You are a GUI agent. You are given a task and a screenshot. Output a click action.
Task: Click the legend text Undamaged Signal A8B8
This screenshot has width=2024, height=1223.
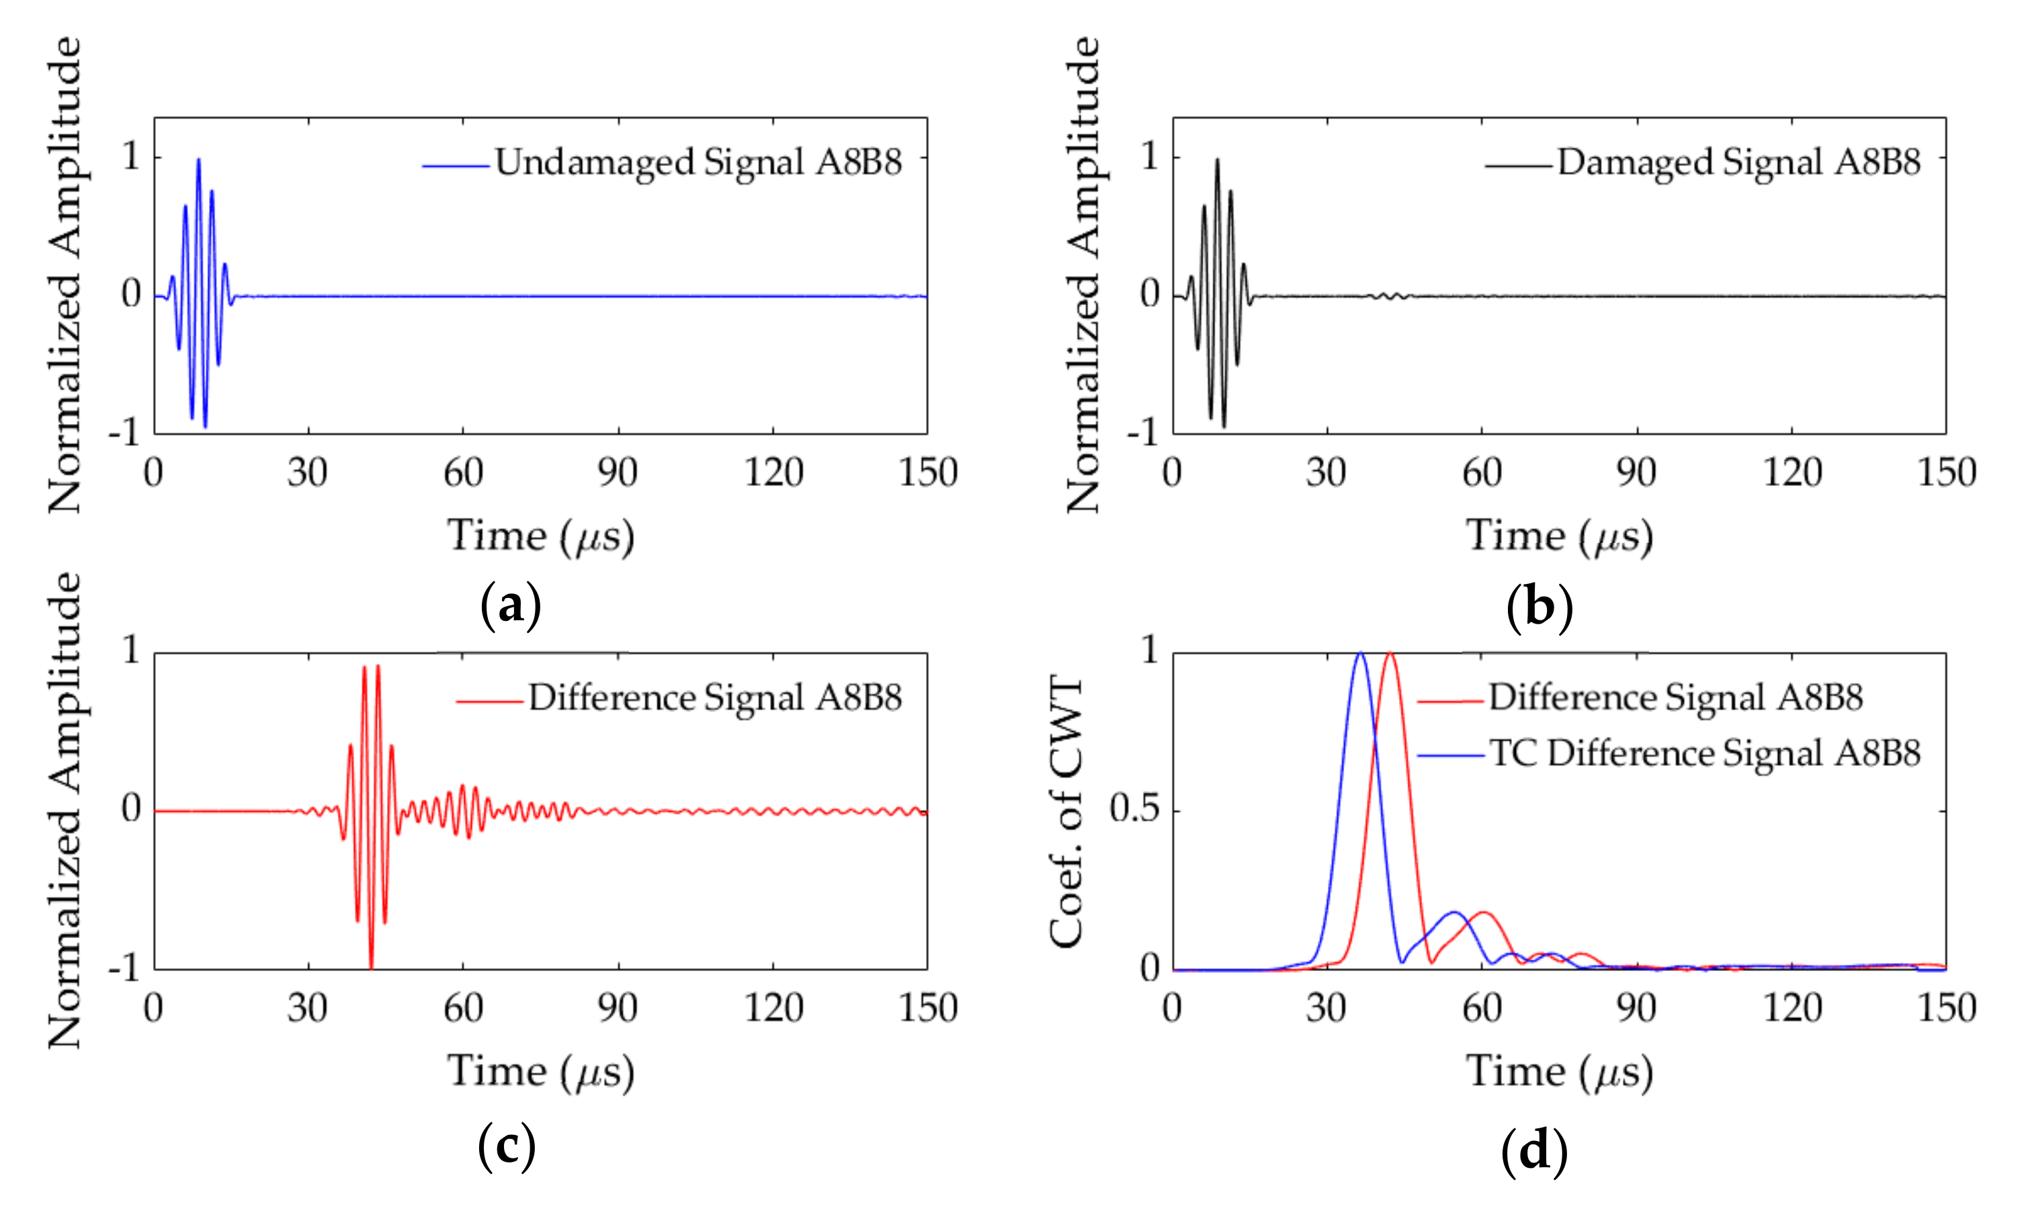(x=698, y=162)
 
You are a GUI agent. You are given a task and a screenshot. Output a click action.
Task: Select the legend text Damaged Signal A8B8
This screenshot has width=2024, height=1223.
(x=1738, y=162)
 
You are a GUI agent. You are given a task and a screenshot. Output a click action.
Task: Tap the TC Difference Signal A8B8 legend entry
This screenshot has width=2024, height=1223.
(x=1704, y=753)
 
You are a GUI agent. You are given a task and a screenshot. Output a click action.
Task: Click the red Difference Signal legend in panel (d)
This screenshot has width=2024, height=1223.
(x=1676, y=698)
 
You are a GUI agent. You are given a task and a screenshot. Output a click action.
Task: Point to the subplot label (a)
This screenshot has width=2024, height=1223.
(x=510, y=607)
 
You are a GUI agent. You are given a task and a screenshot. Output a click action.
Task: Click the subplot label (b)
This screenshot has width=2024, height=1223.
(x=1540, y=607)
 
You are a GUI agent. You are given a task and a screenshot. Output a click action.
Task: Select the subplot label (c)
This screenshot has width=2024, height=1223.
(x=507, y=1146)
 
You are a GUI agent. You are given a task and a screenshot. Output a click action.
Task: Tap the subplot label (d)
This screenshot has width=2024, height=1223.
(x=1533, y=1150)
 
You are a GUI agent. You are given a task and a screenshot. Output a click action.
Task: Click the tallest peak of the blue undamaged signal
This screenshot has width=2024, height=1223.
(x=199, y=160)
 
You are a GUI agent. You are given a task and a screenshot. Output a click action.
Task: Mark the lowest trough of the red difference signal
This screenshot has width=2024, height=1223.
(x=372, y=967)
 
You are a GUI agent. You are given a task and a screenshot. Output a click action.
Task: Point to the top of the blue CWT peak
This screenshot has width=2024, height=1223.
(x=1360, y=653)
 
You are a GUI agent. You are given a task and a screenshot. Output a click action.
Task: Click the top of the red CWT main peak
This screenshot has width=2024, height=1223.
(x=1390, y=653)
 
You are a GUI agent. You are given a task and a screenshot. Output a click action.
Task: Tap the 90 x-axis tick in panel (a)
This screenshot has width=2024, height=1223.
(x=617, y=473)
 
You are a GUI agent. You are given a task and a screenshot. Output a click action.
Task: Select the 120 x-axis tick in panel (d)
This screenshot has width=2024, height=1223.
(x=1791, y=1009)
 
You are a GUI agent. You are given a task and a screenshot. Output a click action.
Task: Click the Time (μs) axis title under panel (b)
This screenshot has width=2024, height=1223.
(x=1559, y=536)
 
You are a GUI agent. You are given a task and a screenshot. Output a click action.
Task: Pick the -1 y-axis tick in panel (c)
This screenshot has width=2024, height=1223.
(x=125, y=968)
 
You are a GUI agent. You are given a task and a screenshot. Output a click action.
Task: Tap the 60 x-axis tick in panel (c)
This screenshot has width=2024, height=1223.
(x=462, y=1009)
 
